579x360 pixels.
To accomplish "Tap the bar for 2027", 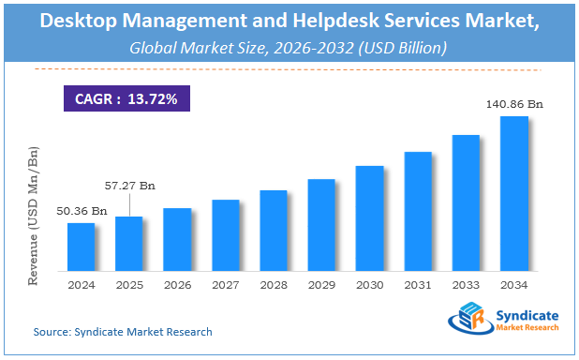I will pos(225,235).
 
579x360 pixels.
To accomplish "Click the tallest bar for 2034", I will pos(514,193).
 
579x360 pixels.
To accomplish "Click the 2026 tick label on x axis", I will pos(176,284).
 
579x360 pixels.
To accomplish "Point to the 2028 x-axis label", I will pos(273,284).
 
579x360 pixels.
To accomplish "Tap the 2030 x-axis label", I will pos(369,284).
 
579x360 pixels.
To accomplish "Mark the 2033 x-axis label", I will pos(466,284).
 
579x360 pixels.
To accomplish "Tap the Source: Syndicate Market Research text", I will pos(123,332).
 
